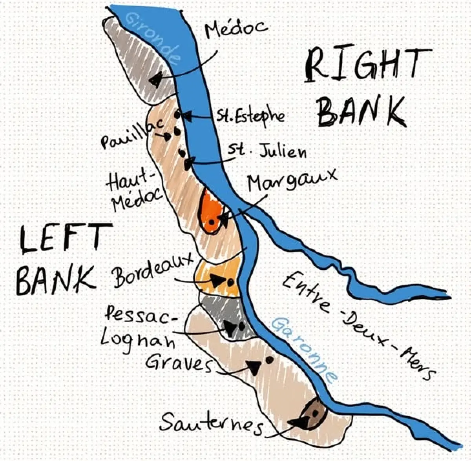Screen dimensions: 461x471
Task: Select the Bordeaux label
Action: [153, 270]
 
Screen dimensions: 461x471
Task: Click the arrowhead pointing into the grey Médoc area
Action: [155, 80]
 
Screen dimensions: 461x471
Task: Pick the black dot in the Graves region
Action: [269, 359]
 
